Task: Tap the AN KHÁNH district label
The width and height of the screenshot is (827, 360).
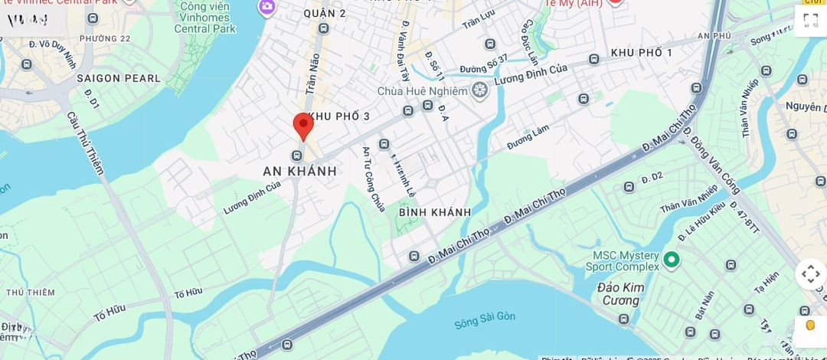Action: coord(299,171)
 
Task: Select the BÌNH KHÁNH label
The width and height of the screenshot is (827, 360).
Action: coord(435,212)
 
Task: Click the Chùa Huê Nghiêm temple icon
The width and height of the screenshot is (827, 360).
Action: coord(480,91)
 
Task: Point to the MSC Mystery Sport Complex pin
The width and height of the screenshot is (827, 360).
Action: coord(672,260)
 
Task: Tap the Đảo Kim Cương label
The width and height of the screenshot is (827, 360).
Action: coord(621,294)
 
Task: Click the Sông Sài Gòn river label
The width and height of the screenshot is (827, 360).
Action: coord(485,319)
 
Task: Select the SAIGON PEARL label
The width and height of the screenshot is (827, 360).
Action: coord(119,78)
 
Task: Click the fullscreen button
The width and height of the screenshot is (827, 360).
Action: coord(810,20)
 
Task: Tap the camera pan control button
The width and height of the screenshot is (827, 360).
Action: coord(810,274)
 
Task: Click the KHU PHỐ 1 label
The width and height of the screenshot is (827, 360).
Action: coord(642,53)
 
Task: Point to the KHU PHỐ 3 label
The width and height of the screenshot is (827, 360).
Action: coord(339,116)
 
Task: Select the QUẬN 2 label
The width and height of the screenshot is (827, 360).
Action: coord(325,13)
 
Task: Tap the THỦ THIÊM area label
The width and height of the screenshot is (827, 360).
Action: coord(31,293)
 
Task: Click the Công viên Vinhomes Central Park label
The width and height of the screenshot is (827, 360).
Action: coord(205,18)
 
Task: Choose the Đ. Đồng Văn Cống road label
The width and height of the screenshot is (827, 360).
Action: coord(711,161)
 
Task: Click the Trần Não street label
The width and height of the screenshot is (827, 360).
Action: coord(313,73)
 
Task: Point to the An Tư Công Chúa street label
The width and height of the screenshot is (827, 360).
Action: coord(374,179)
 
